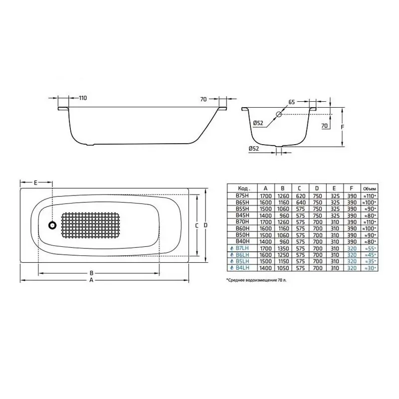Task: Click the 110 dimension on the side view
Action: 82,98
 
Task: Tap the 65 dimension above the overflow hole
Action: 291,103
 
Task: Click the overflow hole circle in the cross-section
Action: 279,114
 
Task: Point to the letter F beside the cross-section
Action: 342,127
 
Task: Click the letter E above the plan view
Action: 35,183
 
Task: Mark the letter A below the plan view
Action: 91,280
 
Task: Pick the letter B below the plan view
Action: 91,273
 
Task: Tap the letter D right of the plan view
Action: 205,225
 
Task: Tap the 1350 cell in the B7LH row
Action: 282,248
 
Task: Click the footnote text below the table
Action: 256,281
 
